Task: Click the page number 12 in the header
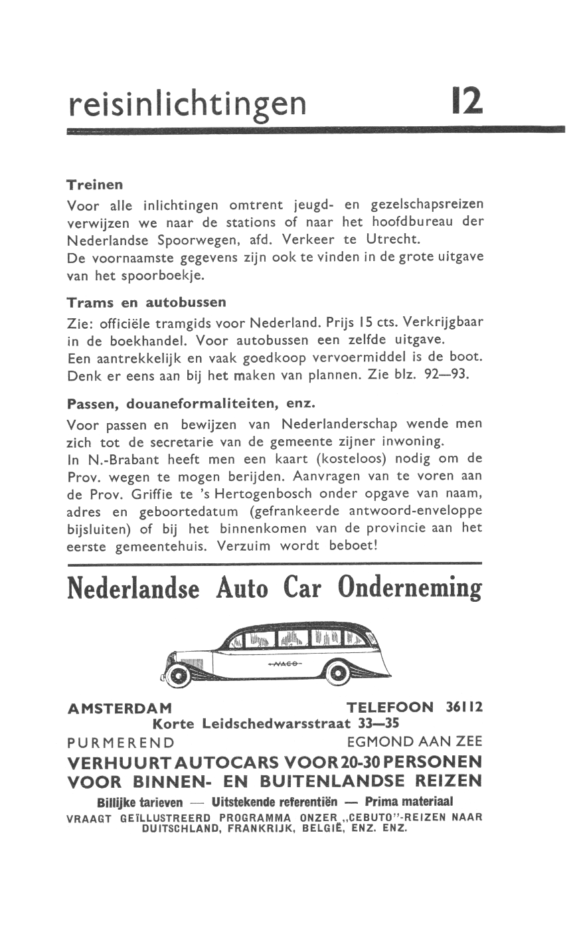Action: pyautogui.click(x=467, y=101)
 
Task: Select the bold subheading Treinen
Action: pyautogui.click(x=95, y=184)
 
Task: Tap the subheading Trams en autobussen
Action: pyautogui.click(x=146, y=302)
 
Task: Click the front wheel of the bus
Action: pyautogui.click(x=177, y=675)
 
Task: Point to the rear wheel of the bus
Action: pyautogui.click(x=339, y=674)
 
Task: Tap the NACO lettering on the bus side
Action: pyautogui.click(x=284, y=664)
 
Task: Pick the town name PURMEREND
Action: pyautogui.click(x=121, y=742)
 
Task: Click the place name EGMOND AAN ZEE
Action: pyautogui.click(x=415, y=741)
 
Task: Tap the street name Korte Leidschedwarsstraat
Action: pyautogui.click(x=251, y=723)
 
